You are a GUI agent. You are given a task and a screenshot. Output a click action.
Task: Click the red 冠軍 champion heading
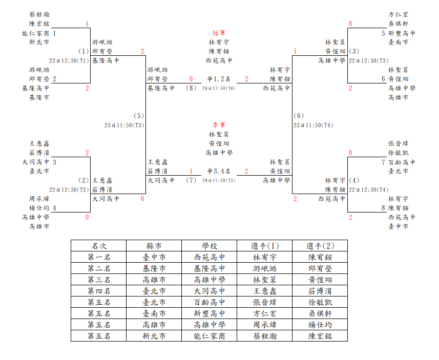coord(219,33)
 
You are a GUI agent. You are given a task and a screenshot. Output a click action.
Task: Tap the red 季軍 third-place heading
coord(219,125)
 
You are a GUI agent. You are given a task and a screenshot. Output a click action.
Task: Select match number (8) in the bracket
coord(191,88)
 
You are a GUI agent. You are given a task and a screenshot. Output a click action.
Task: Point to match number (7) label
coord(191,180)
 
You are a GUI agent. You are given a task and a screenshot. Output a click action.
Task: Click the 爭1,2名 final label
coord(219,79)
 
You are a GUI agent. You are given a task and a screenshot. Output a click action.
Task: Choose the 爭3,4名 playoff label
coord(219,171)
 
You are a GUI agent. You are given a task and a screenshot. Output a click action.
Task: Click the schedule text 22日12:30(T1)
coord(69,61)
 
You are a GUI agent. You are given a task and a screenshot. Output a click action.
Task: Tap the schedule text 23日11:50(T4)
coord(313,125)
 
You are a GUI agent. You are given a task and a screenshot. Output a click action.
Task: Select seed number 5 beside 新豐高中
coord(383,33)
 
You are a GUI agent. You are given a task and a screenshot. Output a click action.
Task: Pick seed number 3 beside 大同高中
coord(54,162)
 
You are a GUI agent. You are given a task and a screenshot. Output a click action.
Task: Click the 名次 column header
coord(98,246)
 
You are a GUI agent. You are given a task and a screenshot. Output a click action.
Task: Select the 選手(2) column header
coord(320,246)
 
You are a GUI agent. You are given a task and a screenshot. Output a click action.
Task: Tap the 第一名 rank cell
coord(98,257)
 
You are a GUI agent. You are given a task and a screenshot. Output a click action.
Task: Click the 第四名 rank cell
coord(98,291)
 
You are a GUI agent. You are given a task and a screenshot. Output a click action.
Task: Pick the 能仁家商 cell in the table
coord(210,336)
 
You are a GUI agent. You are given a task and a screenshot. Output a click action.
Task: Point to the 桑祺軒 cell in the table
coord(320,313)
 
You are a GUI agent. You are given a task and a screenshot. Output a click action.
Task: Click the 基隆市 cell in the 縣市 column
coord(154,268)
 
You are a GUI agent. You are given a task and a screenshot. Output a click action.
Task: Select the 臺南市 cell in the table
coord(154,313)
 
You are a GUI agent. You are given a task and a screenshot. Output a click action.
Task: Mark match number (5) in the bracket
coord(139,116)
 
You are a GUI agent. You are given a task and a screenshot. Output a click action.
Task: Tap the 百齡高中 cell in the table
coord(210,302)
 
